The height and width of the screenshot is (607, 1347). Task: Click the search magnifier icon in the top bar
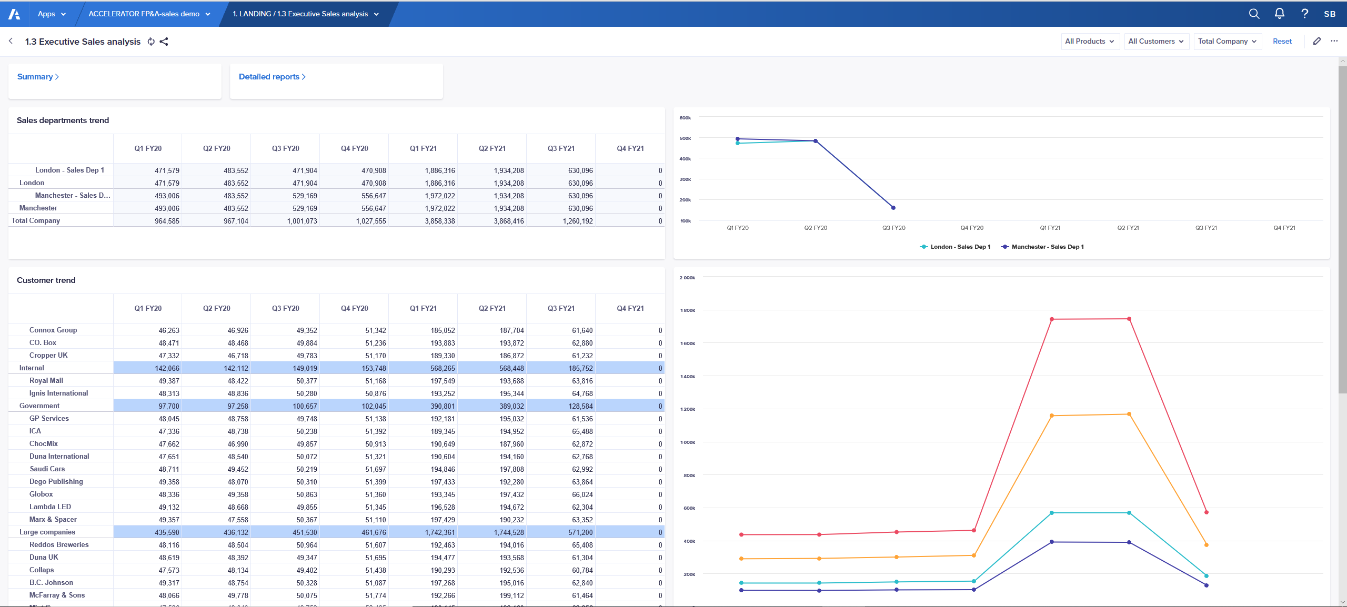[x=1254, y=14]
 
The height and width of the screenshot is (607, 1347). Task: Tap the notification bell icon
[x=1279, y=14]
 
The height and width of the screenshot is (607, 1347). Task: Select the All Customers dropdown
[x=1156, y=41]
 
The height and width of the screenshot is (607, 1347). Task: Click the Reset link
[x=1282, y=41]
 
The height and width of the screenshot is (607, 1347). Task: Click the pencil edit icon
[x=1316, y=41]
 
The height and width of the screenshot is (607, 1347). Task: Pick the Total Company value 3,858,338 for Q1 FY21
[x=440, y=221]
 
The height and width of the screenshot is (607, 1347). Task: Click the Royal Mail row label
[x=46, y=380]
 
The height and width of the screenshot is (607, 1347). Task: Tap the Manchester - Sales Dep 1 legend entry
[x=1047, y=247]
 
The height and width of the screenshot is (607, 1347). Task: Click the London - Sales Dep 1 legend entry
[x=959, y=247]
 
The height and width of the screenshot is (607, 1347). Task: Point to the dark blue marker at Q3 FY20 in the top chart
[x=893, y=208]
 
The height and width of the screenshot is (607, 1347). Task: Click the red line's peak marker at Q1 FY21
[x=1051, y=319]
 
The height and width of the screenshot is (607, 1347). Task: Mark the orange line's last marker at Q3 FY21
[x=1206, y=545]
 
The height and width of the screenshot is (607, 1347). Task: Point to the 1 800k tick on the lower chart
[x=687, y=310]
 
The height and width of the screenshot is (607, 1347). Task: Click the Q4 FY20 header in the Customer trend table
[x=354, y=308]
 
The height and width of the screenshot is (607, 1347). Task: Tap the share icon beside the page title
[x=164, y=42]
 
